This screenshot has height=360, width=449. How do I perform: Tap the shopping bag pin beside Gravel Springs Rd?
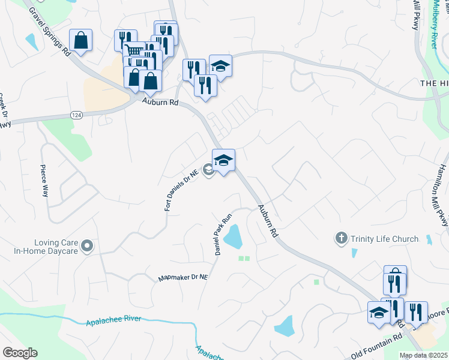(x=80, y=41)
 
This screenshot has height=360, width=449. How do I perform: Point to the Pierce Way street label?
(x=44, y=181)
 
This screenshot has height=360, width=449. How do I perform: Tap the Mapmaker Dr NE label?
(x=182, y=278)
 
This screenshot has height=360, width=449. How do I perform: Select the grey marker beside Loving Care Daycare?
(x=88, y=246)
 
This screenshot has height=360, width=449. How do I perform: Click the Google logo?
(x=20, y=353)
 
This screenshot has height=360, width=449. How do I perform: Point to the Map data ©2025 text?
(x=423, y=355)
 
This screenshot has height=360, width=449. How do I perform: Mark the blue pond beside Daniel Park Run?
(x=233, y=237)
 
